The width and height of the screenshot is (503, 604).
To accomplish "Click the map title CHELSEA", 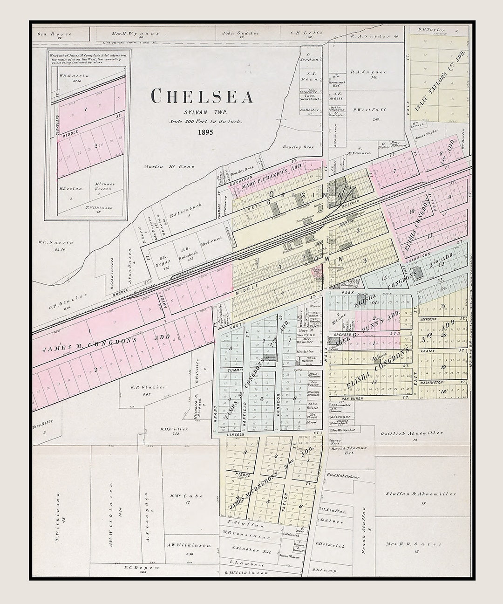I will [x=202, y=96].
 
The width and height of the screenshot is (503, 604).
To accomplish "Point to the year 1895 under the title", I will [x=205, y=132].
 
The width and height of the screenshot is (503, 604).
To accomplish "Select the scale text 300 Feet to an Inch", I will [x=205, y=121].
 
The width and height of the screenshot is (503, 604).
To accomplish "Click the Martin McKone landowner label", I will [x=169, y=166].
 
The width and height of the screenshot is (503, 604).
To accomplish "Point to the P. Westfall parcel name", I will [x=369, y=110].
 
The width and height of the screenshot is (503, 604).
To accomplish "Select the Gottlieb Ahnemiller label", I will [x=412, y=433].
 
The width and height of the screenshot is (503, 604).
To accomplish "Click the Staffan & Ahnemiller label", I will [x=421, y=494].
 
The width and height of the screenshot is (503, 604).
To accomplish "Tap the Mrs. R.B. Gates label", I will [x=414, y=544].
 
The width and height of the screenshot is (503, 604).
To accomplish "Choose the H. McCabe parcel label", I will [x=187, y=496].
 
